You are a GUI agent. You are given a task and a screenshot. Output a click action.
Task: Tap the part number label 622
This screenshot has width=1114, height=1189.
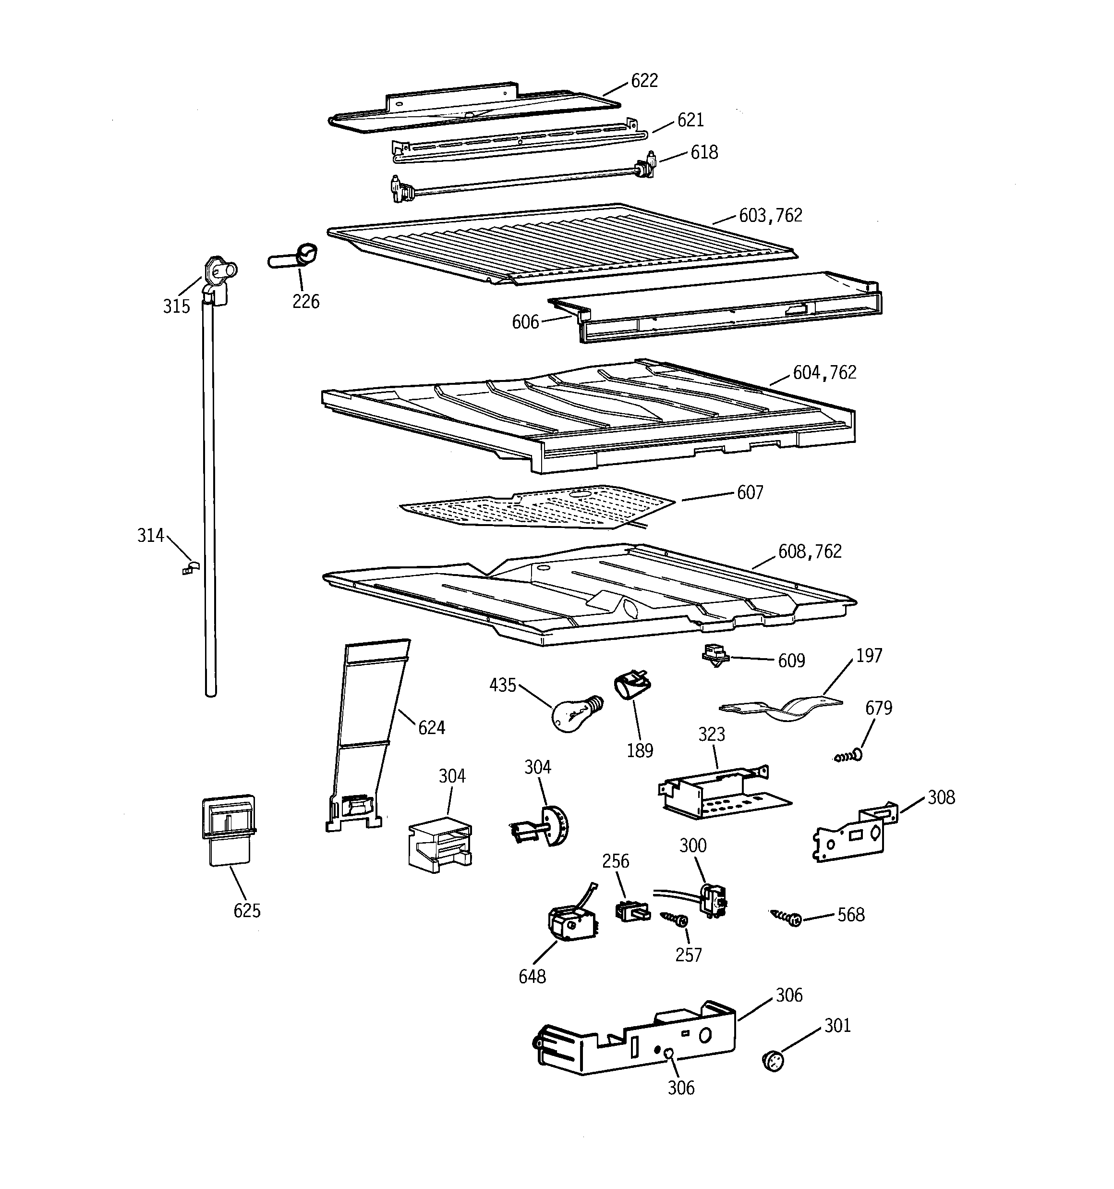point(644,81)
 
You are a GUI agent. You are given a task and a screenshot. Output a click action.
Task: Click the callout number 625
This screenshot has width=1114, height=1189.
point(247,911)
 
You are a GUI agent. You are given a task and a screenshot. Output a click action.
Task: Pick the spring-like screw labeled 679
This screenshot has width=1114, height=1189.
point(848,757)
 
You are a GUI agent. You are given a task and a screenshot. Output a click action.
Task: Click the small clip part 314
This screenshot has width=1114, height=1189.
point(190,567)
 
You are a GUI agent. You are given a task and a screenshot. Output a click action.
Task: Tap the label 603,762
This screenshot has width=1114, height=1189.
point(770,215)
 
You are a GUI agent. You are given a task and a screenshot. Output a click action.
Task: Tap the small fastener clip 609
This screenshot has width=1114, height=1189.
point(715,655)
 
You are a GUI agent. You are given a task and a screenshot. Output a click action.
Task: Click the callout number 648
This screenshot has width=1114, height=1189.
point(532,977)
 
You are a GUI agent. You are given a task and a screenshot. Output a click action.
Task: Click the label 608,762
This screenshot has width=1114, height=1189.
point(810,551)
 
